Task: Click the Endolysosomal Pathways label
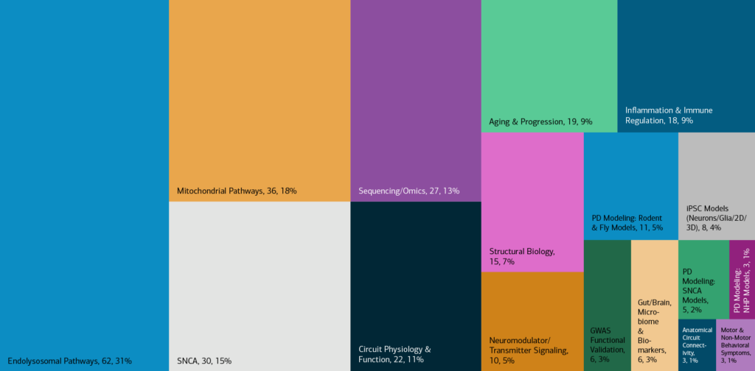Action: coord(69,361)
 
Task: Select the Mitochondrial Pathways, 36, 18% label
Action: coord(237,191)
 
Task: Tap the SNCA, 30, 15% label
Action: coord(204,361)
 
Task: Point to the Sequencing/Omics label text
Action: coord(408,191)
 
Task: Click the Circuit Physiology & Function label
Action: coord(394,355)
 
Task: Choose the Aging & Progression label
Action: coord(540,121)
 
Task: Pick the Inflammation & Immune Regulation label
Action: coord(669,116)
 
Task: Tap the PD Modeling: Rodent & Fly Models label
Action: coord(627,223)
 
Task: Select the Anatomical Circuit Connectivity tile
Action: coord(696,345)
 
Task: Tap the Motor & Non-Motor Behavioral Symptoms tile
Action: coord(735,345)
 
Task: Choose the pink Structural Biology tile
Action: coord(532,191)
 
